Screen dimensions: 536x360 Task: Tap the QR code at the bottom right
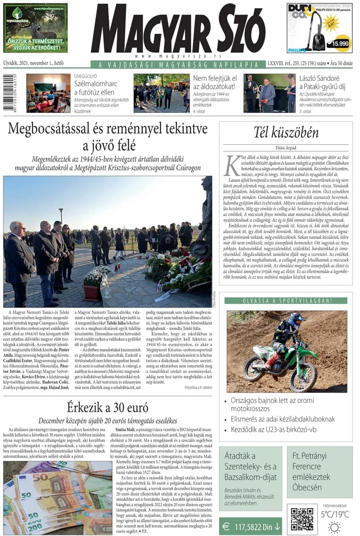[x=302, y=519]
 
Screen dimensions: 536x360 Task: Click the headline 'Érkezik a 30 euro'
[x=108, y=408]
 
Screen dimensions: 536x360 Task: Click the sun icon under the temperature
[x=334, y=527]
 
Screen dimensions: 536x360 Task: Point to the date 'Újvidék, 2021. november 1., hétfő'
[x=33, y=63]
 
